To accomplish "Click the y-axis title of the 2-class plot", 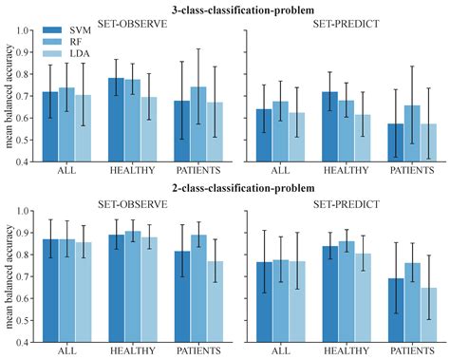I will pyautogui.click(x=9, y=276).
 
